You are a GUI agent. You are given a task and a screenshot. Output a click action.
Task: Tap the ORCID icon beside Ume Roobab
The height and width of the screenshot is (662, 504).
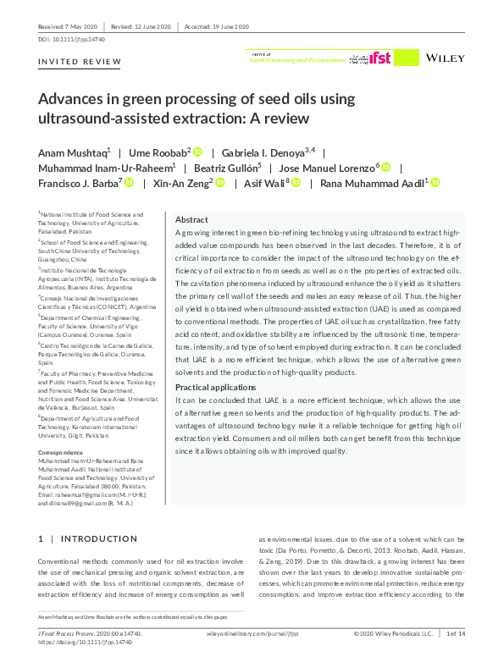tap(197, 152)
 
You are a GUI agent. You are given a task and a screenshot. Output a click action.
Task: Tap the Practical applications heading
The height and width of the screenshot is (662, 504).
tap(214, 386)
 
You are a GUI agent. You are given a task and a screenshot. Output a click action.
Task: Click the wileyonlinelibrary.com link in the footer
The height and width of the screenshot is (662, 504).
tap(252, 633)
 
